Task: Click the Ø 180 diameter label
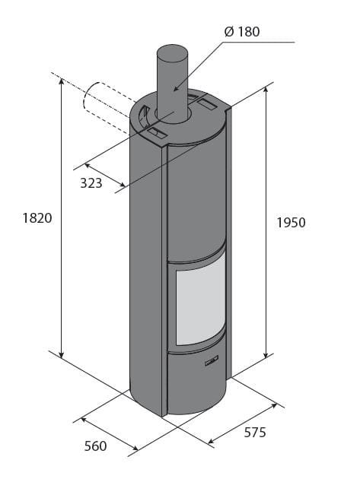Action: (x=243, y=32)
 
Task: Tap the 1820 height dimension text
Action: (x=37, y=218)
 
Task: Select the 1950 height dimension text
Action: (x=291, y=223)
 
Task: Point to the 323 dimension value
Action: (x=91, y=183)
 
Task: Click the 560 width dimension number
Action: (x=95, y=446)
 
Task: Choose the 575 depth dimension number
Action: (x=254, y=433)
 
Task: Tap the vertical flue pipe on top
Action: (x=173, y=80)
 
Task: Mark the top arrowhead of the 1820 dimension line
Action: (x=61, y=81)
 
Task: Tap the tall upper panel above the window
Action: (x=196, y=198)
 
